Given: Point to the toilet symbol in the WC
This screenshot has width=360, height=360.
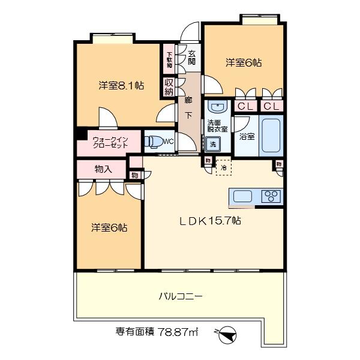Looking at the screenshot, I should pos(152,142).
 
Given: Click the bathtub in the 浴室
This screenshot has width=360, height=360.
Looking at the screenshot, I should pos(271,136).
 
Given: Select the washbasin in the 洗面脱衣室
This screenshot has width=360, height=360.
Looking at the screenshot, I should pos(215,108).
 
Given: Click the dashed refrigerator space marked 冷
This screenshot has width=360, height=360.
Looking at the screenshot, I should pos(223,167).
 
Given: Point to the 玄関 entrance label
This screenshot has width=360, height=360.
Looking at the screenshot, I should pos(191,57).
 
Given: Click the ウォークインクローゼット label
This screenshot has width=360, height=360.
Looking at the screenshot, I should pos(109,143).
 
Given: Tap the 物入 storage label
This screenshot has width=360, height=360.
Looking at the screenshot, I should pos(103,170).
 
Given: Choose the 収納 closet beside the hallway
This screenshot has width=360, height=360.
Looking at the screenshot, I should pos(169,88).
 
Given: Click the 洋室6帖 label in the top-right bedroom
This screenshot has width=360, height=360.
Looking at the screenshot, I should pos(244,62).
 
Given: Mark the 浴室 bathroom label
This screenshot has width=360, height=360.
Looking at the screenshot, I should pos(247,136).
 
